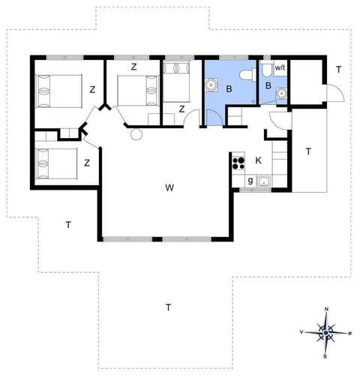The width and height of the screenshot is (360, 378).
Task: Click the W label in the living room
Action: coord(171,187)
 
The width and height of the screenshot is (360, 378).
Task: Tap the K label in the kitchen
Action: coord(258,160)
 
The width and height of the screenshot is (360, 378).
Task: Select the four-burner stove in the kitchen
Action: coord(239,160)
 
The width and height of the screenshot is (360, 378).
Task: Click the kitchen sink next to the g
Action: coord(263,181)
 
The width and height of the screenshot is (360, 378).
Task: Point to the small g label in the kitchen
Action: coord(250,181)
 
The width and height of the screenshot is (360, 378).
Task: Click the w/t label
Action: coord(280,68)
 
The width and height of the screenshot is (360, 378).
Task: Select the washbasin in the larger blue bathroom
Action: coord(211,85)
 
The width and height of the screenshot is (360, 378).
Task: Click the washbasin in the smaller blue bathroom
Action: coord(281,93)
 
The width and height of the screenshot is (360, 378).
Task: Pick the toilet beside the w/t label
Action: coord(267,71)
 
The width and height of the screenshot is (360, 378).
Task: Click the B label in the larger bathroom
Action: coord(229,88)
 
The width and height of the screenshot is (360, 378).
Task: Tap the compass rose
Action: coord(326,330)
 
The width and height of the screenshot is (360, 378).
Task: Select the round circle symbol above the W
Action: coord(136,134)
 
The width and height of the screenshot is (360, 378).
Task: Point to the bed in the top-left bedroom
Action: coord(56,92)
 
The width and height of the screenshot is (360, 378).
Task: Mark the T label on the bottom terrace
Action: coord(169,307)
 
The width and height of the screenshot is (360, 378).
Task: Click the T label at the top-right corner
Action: coord(338,70)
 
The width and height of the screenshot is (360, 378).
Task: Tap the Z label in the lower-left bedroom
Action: coord(88,162)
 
